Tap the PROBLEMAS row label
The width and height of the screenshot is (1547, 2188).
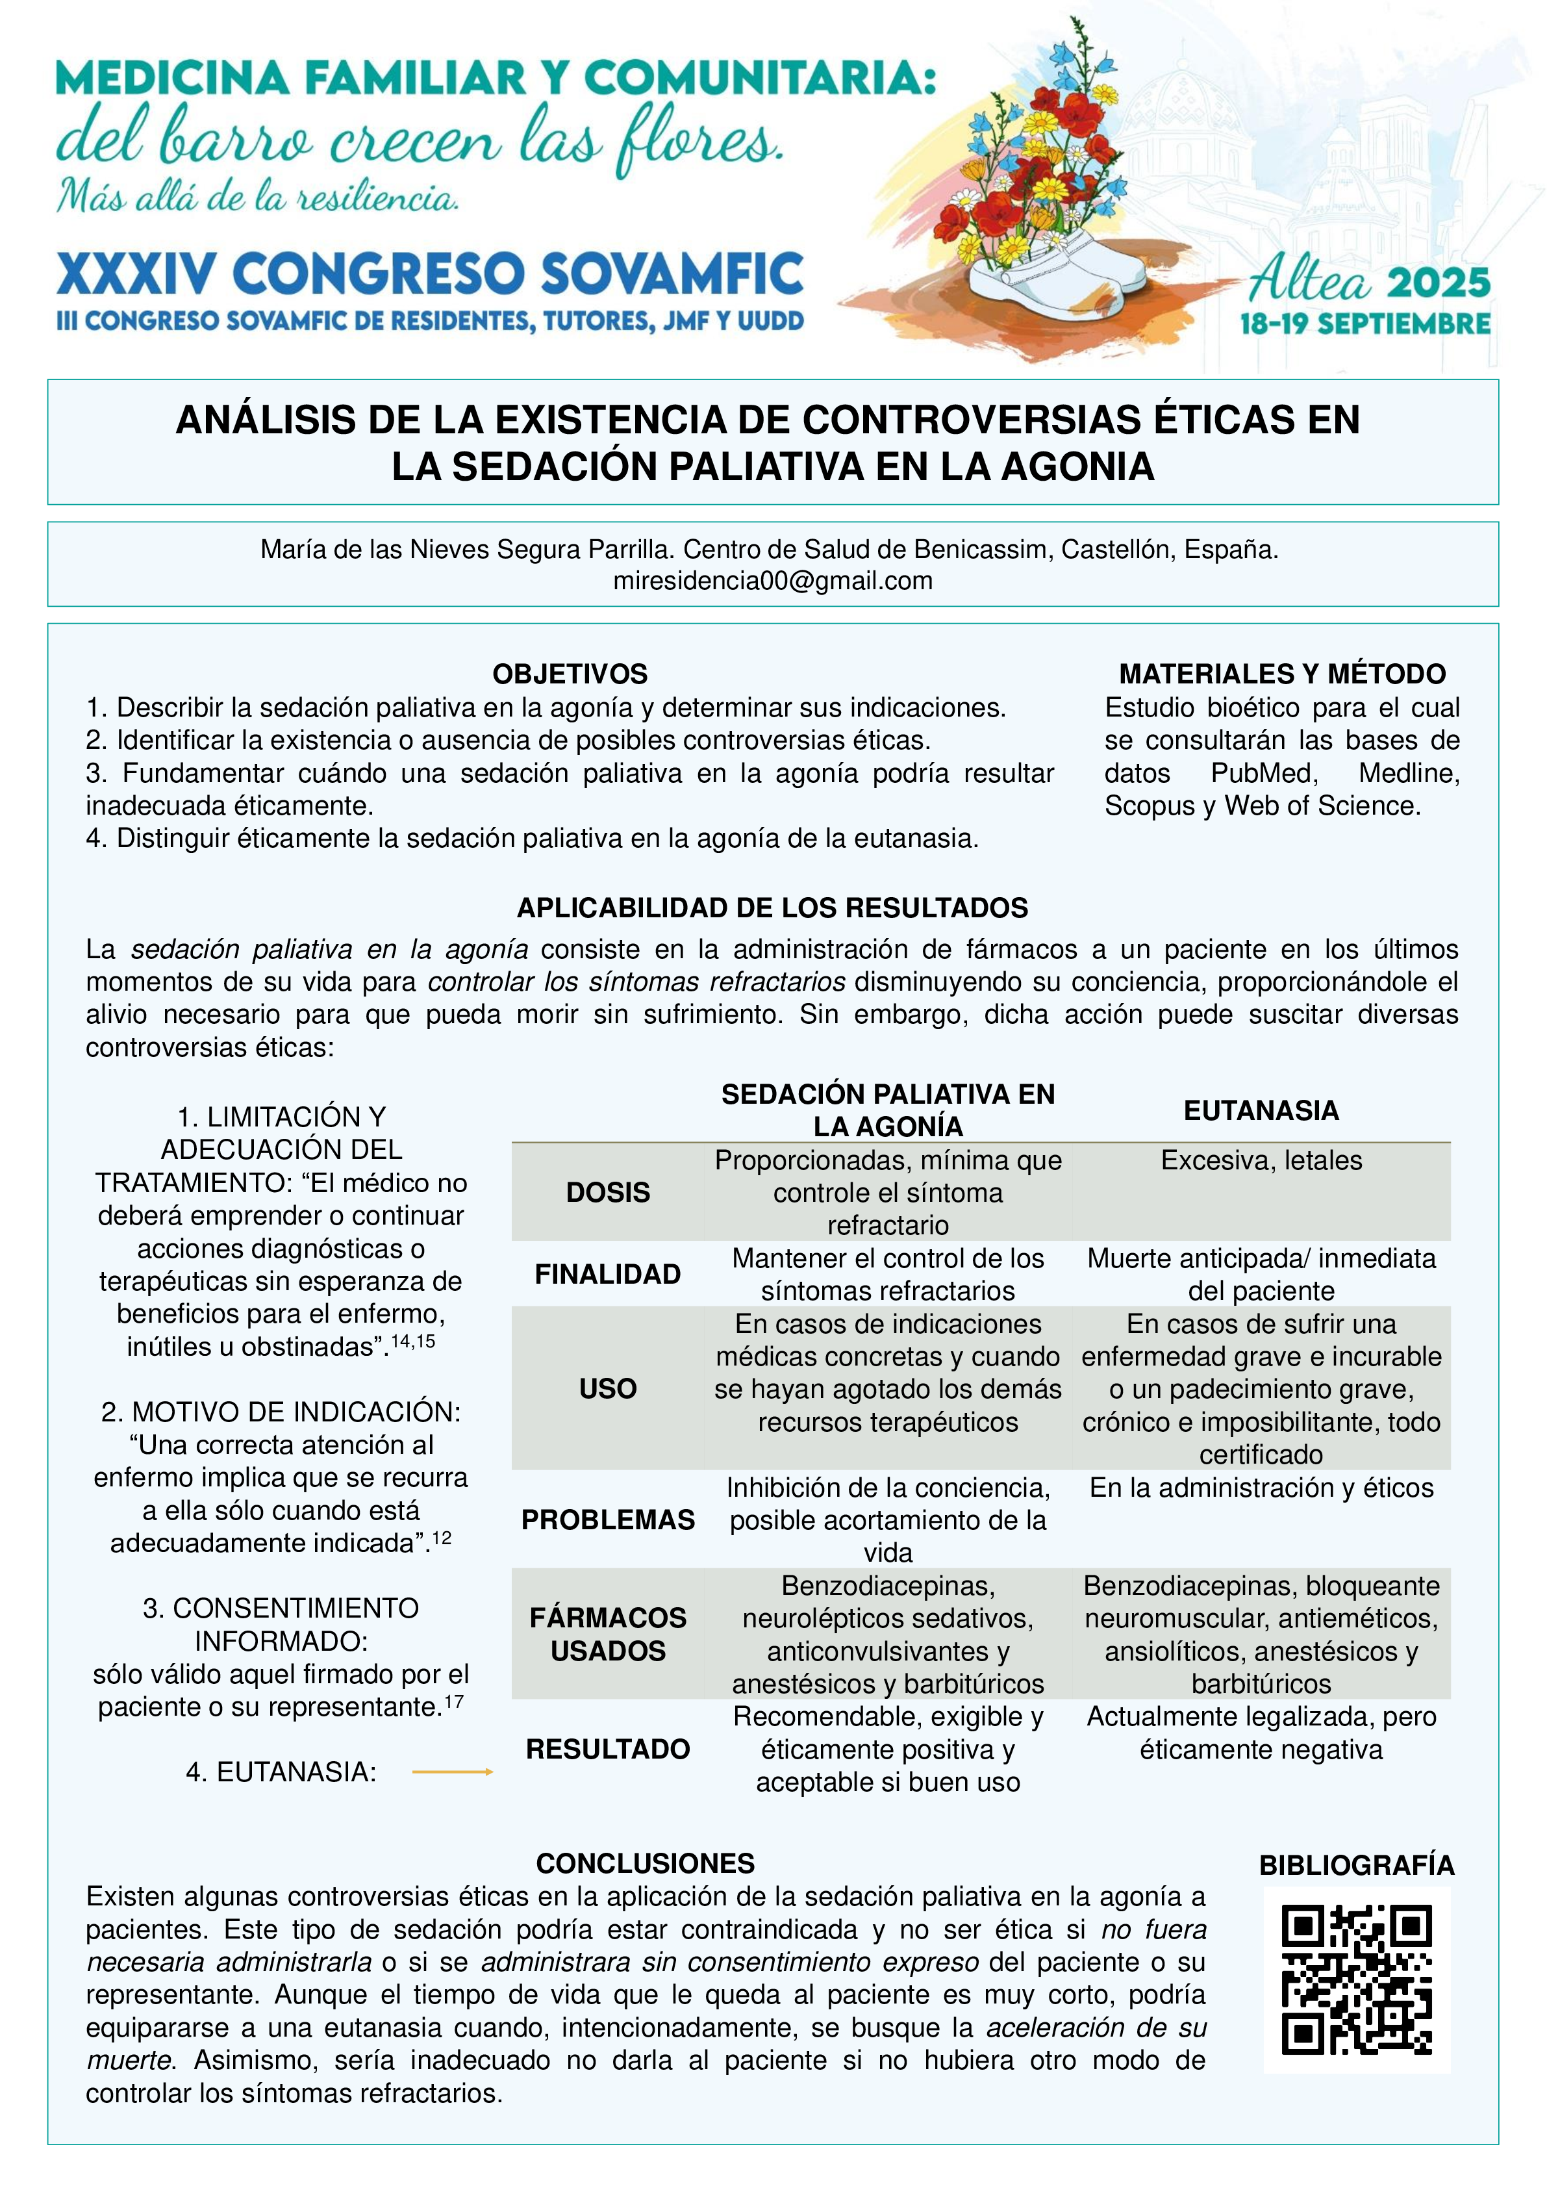pyautogui.click(x=608, y=1520)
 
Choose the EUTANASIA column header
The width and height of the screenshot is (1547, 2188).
pyautogui.click(x=1261, y=1110)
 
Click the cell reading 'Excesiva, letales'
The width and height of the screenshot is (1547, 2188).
pyautogui.click(x=1261, y=1161)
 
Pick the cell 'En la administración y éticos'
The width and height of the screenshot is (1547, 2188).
pyautogui.click(x=1261, y=1488)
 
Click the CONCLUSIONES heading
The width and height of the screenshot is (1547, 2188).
pyautogui.click(x=645, y=1863)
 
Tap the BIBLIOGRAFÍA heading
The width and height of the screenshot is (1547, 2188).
pyautogui.click(x=1357, y=1865)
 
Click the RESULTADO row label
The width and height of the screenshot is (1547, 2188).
pyautogui.click(x=608, y=1749)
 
